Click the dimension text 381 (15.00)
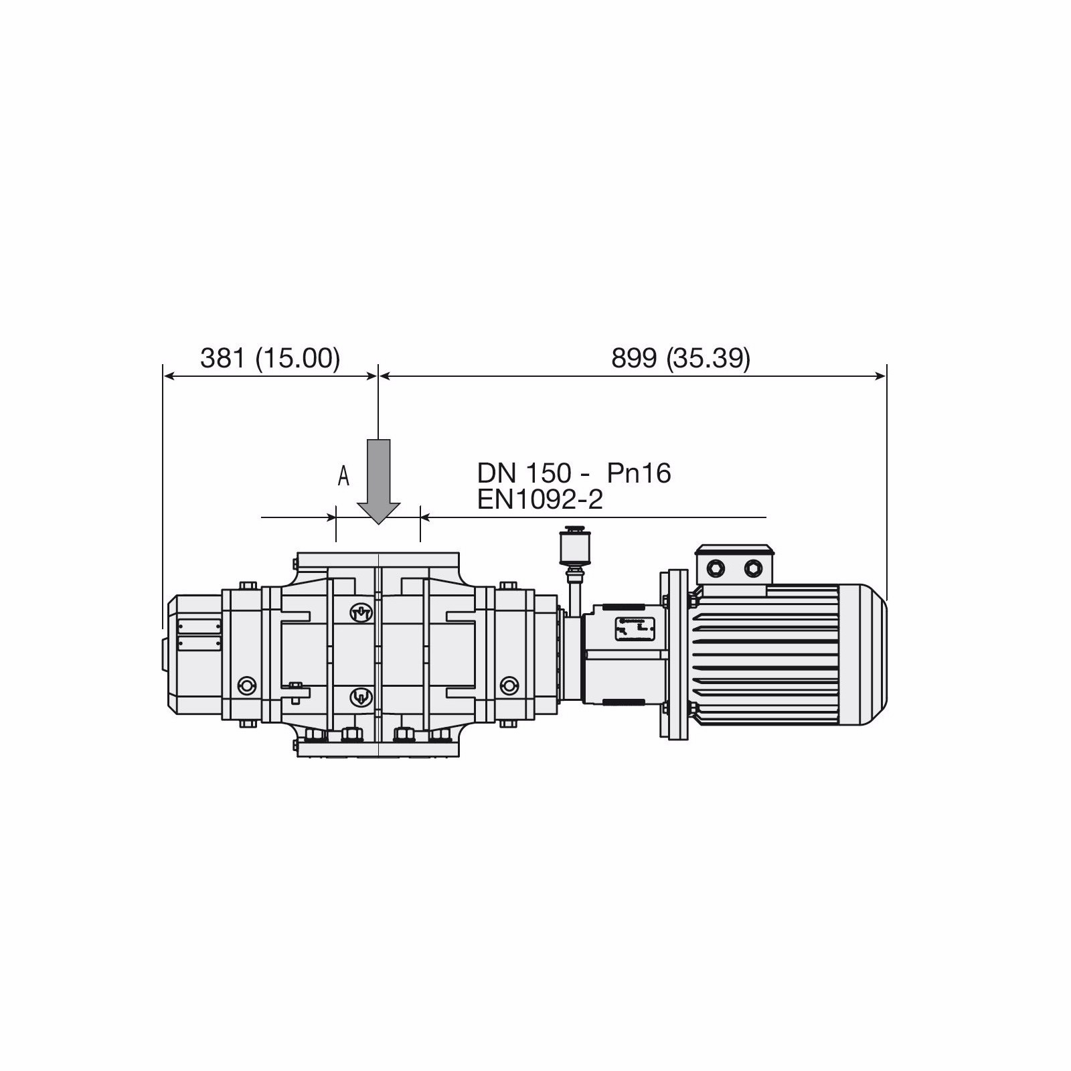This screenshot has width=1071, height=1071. (270, 359)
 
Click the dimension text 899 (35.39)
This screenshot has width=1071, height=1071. (681, 359)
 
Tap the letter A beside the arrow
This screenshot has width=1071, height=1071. (343, 476)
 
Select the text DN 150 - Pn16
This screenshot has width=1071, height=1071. (574, 473)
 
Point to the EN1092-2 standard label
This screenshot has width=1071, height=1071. (540, 499)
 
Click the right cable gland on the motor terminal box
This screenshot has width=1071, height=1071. (754, 568)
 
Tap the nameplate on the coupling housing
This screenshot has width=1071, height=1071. (634, 629)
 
